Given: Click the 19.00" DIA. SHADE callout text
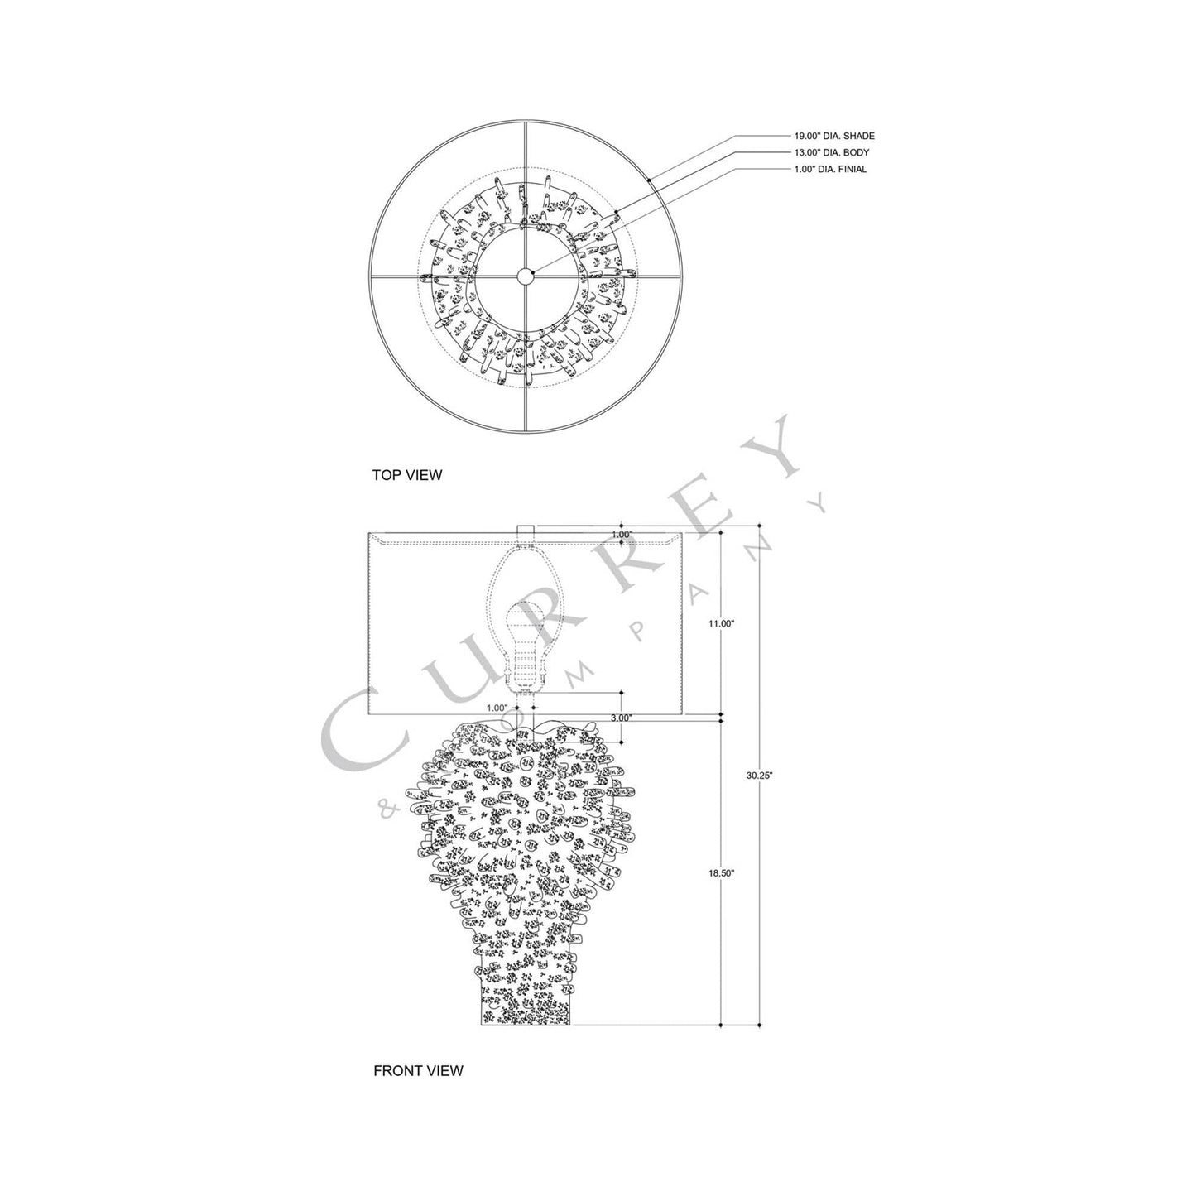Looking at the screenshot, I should tap(833, 136).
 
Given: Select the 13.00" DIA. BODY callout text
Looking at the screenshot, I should tap(832, 152).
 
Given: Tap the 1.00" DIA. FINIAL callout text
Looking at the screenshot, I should tap(831, 169).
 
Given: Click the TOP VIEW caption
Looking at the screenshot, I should tap(407, 475).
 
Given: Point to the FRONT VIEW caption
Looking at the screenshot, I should tap(418, 1070).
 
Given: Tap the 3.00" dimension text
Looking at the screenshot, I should tap(620, 718).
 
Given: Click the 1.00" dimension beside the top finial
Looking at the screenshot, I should tap(622, 535).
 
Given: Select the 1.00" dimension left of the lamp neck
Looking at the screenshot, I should tap(497, 708).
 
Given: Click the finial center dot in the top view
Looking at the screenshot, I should tap(526, 276).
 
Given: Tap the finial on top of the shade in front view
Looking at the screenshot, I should tap(526, 530).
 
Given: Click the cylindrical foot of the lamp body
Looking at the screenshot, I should tap(526, 1001).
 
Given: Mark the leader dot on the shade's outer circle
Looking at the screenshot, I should tap(651, 180).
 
